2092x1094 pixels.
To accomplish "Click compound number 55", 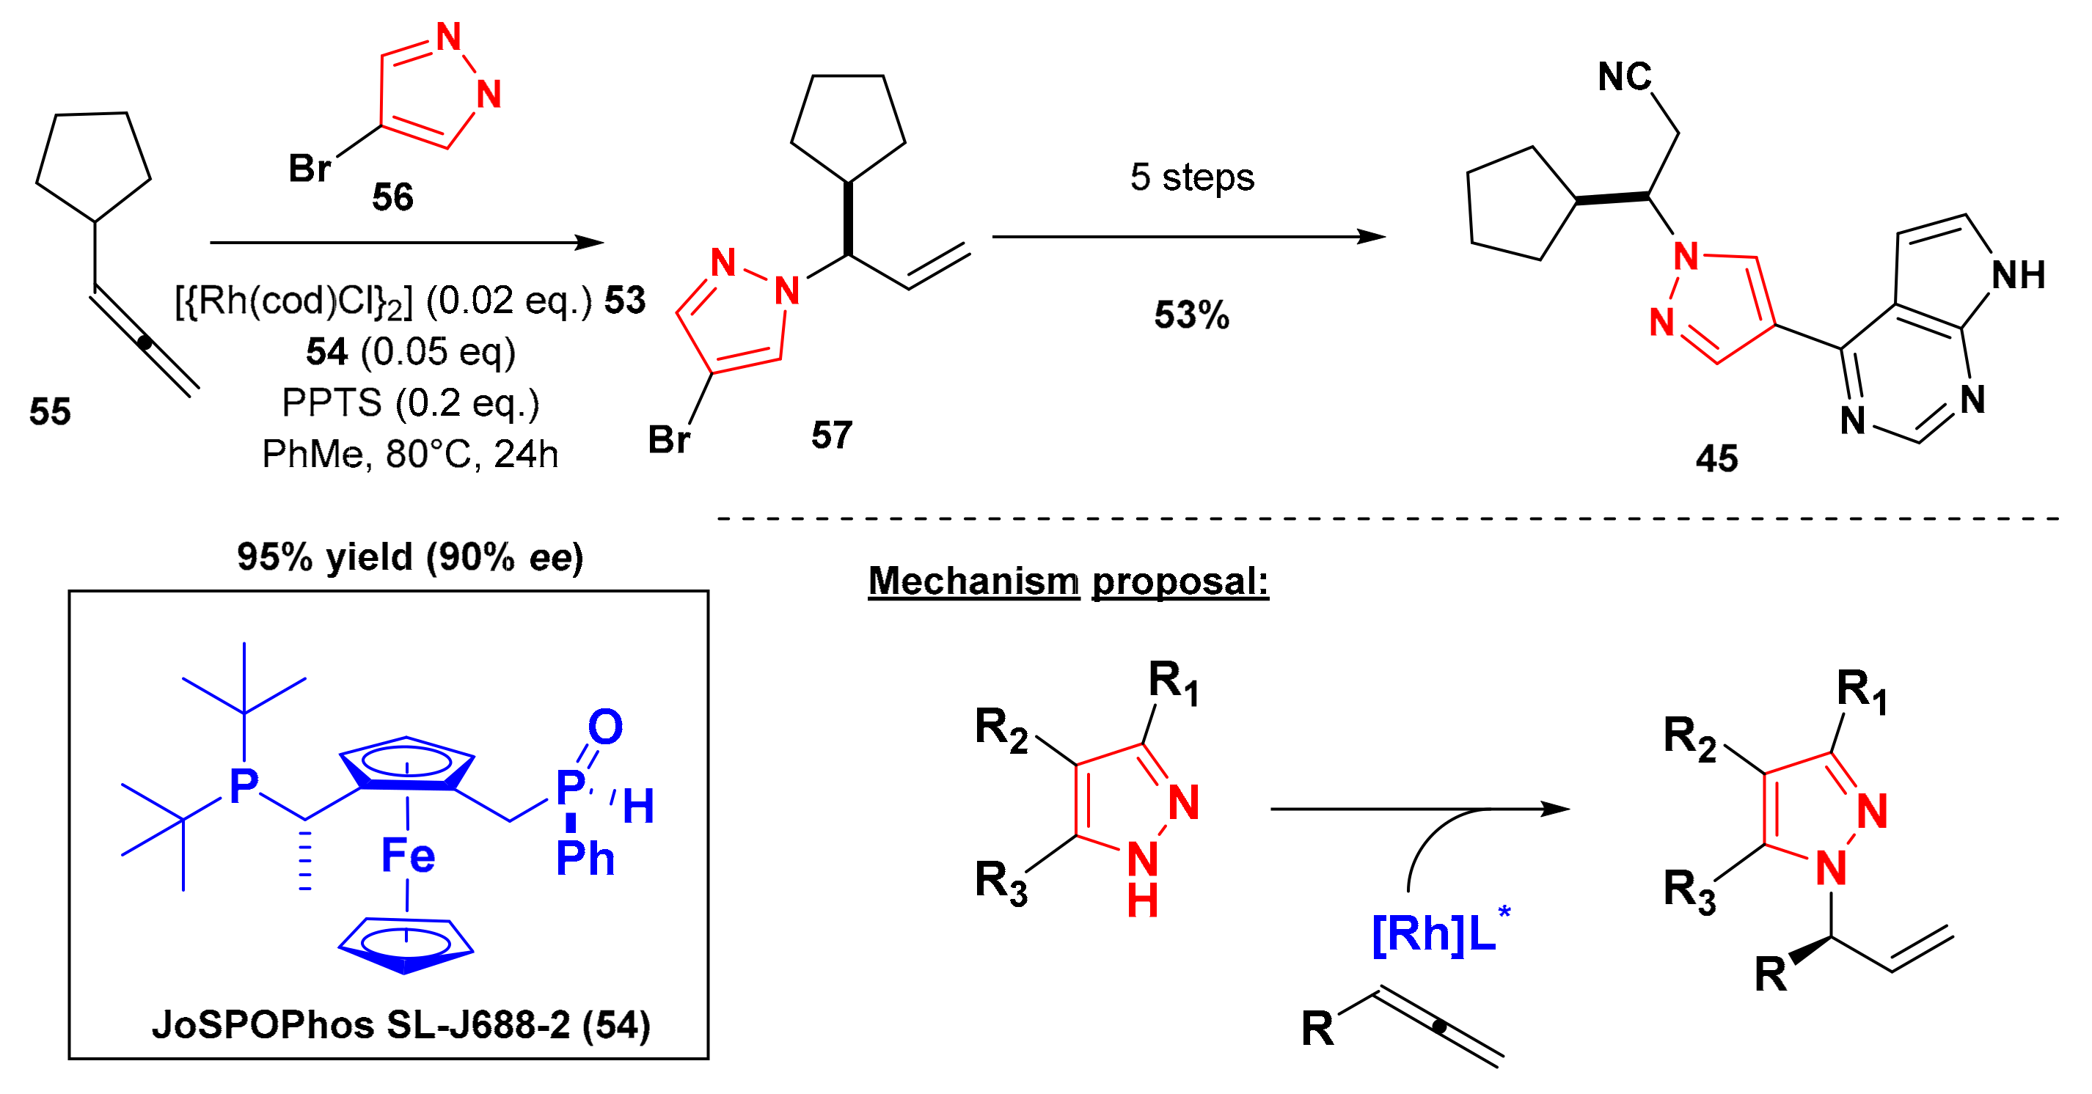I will tap(50, 411).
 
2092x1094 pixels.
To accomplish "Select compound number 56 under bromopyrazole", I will tap(392, 197).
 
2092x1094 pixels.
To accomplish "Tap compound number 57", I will tap(832, 435).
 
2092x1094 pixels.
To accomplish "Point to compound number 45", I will tap(1716, 458).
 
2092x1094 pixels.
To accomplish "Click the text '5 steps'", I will tap(1191, 177).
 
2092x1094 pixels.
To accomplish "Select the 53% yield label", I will tap(1191, 315).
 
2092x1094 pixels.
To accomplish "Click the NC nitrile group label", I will tap(1624, 77).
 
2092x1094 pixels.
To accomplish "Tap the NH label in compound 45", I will tap(2017, 275).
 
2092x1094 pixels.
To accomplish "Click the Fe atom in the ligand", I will tap(408, 856).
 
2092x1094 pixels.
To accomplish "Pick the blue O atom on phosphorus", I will tap(605, 727).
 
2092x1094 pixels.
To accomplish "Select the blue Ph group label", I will tap(585, 859).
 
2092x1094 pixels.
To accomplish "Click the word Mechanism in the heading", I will tap(973, 581).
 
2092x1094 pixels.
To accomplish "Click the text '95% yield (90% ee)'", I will tap(410, 557).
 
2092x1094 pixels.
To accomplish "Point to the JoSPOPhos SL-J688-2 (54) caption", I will tap(401, 1024).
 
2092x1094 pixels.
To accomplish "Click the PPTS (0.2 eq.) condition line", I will tap(410, 403).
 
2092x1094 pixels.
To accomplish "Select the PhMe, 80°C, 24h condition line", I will tap(410, 455).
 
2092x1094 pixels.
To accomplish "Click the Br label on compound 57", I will tap(668, 440).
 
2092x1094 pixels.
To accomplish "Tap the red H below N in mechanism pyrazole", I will tap(1142, 901).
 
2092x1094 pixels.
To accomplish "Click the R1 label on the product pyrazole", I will tap(1862, 691).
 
